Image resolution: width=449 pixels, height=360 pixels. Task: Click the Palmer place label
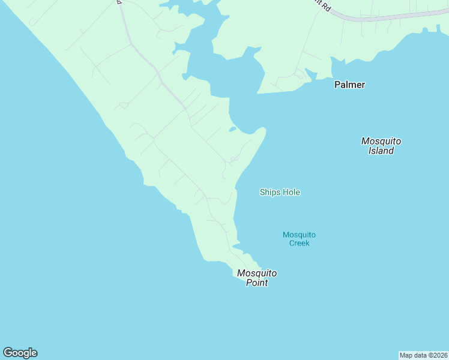pos(349,85)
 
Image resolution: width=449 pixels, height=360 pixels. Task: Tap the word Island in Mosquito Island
pos(381,151)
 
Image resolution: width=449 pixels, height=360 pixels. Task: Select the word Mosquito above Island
pos(381,141)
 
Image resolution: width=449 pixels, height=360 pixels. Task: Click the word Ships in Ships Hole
pos(270,193)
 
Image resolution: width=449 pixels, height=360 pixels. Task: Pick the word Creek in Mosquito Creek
pos(299,243)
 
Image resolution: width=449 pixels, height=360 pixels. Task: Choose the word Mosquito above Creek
pos(299,235)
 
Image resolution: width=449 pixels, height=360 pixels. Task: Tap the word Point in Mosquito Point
pos(256,283)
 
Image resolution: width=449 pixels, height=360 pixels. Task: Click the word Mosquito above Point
pos(256,273)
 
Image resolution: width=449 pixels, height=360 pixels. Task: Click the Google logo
pos(20,353)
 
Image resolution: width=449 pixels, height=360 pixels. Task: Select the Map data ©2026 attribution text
pos(423,355)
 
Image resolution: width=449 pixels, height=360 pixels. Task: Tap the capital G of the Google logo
pos(7,352)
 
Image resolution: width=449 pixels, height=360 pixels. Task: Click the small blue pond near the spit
pos(232,128)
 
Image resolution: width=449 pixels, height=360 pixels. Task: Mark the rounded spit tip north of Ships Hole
pos(262,129)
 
